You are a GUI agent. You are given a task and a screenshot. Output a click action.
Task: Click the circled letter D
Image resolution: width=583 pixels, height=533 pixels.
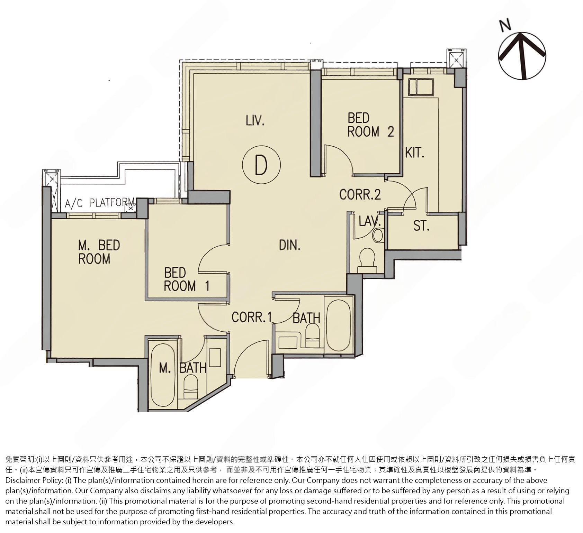click(x=261, y=165)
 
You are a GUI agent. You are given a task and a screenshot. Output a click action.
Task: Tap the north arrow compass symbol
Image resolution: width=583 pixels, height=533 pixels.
click(x=522, y=55)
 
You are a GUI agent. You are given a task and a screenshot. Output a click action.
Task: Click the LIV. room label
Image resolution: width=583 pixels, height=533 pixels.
click(x=255, y=121)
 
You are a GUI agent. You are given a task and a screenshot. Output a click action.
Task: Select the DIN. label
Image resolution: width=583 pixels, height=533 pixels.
click(x=290, y=245)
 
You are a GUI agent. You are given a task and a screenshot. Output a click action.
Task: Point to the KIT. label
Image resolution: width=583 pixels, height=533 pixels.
click(x=415, y=153)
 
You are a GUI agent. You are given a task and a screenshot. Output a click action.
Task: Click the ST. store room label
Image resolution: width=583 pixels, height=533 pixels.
click(x=421, y=226)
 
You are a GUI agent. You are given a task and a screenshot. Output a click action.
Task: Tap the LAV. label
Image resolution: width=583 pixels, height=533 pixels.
click(x=370, y=221)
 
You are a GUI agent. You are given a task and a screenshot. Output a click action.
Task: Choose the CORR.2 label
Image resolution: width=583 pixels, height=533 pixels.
click(x=360, y=194)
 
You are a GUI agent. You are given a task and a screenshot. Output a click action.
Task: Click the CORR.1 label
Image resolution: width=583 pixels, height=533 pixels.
click(x=251, y=317)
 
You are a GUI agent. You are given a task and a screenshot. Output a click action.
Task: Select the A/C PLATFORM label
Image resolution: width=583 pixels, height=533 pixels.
click(x=100, y=203)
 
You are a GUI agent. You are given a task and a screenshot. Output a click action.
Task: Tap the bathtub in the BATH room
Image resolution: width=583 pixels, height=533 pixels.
click(x=339, y=325)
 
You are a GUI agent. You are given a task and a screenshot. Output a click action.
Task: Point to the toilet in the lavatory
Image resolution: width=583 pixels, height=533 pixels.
click(x=367, y=260)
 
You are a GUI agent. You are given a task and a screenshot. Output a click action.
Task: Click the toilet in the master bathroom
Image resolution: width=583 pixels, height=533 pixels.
click(x=190, y=387)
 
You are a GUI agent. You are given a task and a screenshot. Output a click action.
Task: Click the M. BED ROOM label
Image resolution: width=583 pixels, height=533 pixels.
click(x=99, y=252)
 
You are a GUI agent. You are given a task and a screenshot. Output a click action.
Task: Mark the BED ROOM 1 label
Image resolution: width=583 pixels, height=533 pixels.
click(x=187, y=279)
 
